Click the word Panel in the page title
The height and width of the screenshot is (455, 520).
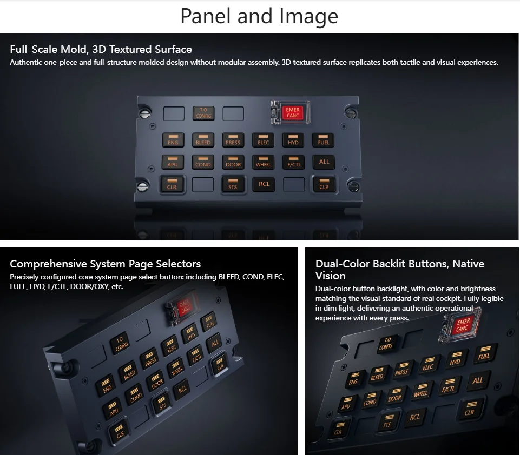(x=205, y=16)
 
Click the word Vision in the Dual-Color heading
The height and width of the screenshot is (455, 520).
(x=330, y=276)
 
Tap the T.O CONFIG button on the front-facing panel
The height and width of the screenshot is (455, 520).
(x=203, y=113)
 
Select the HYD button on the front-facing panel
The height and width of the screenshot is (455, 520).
(x=293, y=140)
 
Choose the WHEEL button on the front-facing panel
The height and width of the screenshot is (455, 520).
(x=264, y=162)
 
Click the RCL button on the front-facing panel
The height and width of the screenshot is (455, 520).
(x=264, y=184)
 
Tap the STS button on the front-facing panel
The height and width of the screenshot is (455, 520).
(x=233, y=184)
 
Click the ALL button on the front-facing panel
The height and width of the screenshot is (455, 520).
(x=324, y=162)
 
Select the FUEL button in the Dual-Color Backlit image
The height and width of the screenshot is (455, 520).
(x=484, y=353)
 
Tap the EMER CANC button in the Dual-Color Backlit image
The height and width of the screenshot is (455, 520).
(x=462, y=325)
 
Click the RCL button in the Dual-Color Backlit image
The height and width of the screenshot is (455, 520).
(x=414, y=417)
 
